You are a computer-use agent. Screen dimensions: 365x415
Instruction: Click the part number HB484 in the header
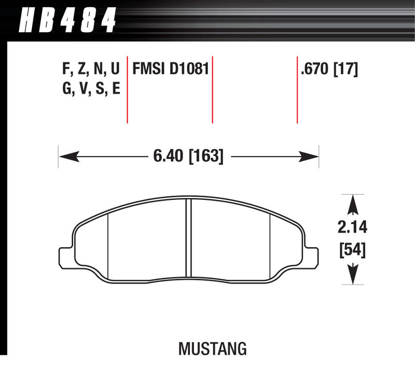[x=66, y=22]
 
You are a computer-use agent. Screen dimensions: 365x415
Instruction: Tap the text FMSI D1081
[x=171, y=69]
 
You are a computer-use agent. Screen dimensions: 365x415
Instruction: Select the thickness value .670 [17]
[x=329, y=69]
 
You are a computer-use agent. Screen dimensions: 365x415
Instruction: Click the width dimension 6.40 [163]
[x=188, y=155]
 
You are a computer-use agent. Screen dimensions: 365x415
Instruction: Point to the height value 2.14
[x=353, y=226]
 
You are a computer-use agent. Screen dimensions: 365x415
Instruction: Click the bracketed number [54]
[x=353, y=250]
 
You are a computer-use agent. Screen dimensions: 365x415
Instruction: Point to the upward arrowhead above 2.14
[x=353, y=203]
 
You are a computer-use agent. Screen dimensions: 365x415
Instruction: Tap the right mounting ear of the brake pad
[x=311, y=255]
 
